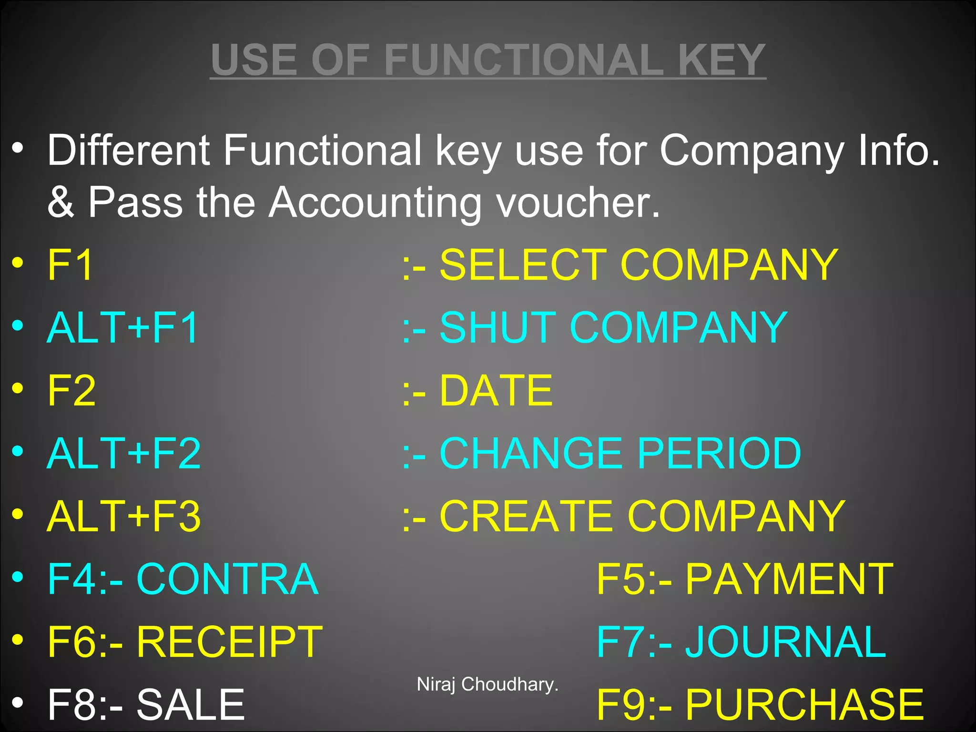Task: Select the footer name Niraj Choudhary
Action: [x=487, y=684]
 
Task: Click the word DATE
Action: [x=496, y=391]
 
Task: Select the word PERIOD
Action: [x=719, y=453]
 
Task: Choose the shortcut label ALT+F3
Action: [x=124, y=516]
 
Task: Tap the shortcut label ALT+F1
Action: [x=122, y=328]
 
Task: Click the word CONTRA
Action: [x=227, y=579]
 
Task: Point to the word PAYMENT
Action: [x=789, y=579]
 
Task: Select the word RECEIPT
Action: [x=230, y=642]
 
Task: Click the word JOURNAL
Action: [x=785, y=642]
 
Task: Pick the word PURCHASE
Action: [x=804, y=704]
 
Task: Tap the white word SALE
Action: [x=191, y=704]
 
